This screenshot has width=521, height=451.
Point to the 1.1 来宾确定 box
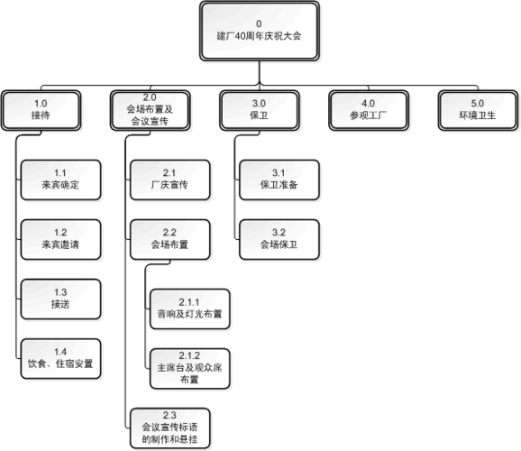click(x=59, y=178)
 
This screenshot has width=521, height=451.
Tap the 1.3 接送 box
click(x=59, y=298)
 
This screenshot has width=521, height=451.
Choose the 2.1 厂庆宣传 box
click(x=169, y=178)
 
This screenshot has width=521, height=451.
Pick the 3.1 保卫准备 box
click(x=278, y=178)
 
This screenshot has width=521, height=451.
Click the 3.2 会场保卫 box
click(x=278, y=237)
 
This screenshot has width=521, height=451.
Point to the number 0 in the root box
click(x=259, y=23)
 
